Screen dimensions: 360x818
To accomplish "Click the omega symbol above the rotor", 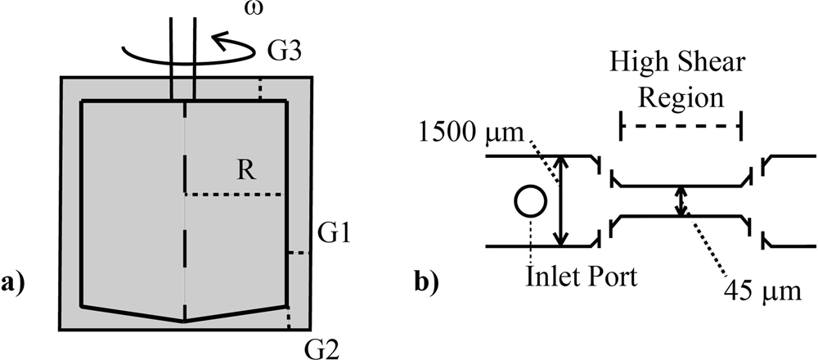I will click(256, 11).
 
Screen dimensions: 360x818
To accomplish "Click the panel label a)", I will click(17, 284).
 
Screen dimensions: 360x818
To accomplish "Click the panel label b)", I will click(433, 284).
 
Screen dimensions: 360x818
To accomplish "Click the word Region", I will click(682, 99).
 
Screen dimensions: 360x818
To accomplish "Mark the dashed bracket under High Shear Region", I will click(681, 126).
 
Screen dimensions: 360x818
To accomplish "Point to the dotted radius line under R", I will click(234, 195).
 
